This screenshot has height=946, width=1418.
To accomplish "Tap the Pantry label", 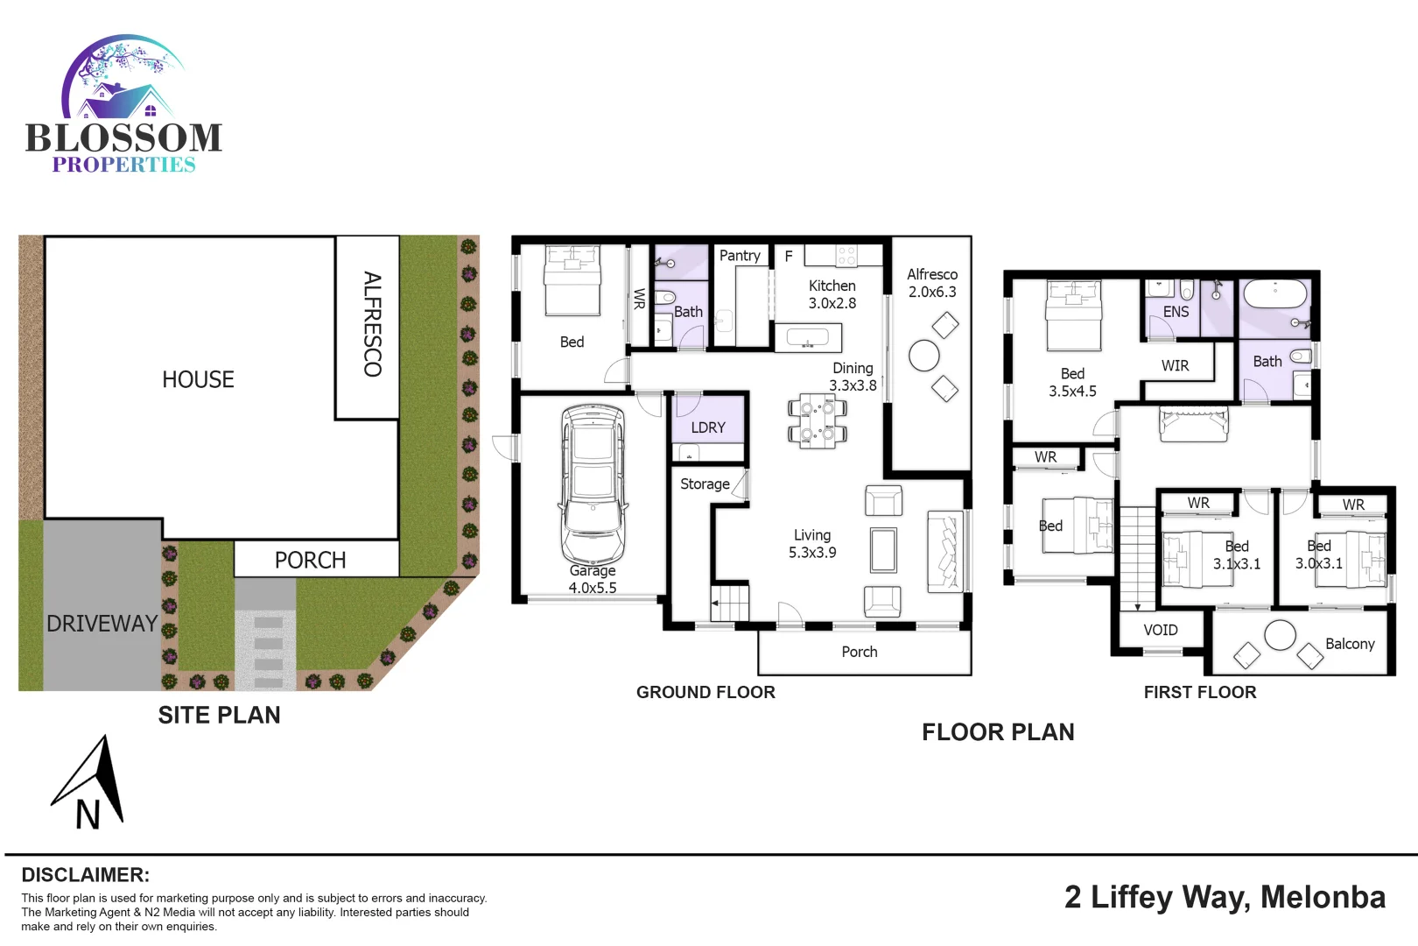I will tap(740, 256).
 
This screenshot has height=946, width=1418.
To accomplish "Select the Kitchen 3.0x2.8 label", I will tap(832, 294).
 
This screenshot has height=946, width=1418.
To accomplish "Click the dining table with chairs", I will tap(817, 420).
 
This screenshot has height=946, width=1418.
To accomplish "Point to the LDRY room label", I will tap(708, 427).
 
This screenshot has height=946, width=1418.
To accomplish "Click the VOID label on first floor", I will tap(1161, 631).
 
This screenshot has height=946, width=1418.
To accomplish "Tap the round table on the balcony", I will tap(1280, 635).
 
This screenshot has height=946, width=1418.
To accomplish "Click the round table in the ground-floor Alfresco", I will tap(924, 356).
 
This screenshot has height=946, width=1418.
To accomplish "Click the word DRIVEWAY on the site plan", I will tap(102, 624).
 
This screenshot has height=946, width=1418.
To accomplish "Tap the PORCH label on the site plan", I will tap(310, 561).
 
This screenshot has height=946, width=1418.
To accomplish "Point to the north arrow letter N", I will tap(88, 815).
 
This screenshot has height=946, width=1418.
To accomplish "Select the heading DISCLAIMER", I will tap(85, 875).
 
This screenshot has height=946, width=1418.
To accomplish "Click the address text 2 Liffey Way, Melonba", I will tap(1225, 898).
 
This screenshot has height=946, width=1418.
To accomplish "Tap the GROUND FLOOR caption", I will tap(705, 693).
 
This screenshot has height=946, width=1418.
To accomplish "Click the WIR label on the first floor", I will tap(1175, 366).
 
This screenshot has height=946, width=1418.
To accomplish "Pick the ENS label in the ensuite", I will tap(1176, 312).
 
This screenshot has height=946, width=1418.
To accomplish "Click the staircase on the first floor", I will tap(1138, 557).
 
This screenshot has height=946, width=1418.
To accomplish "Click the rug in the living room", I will tap(883, 550).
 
